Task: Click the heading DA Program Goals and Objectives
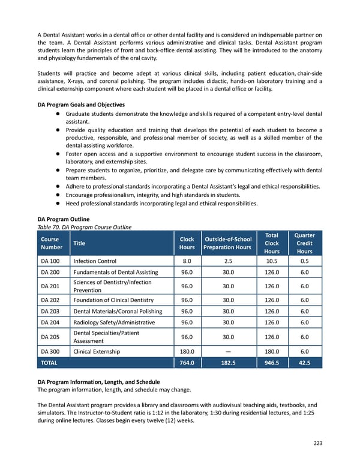pyautogui.click(x=81, y=104)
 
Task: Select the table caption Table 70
pyautogui.click(x=84, y=226)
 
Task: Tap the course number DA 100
pyautogui.click(x=49, y=262)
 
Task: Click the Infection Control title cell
pyautogui.click(x=94, y=262)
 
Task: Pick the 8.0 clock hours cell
pyautogui.click(x=187, y=262)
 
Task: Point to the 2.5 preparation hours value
pyautogui.click(x=228, y=262)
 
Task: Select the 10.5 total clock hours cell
pyautogui.click(x=272, y=262)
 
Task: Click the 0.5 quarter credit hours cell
pyautogui.click(x=305, y=262)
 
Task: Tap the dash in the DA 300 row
pyautogui.click(x=228, y=351)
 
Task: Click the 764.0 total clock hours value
pyautogui.click(x=187, y=363)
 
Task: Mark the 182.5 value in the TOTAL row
pyautogui.click(x=228, y=363)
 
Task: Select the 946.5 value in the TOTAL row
pyautogui.click(x=272, y=363)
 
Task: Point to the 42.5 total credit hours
pyautogui.click(x=305, y=363)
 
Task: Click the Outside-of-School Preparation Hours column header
pyautogui.click(x=228, y=243)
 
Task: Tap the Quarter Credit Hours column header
pyautogui.click(x=305, y=243)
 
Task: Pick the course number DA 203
pyautogui.click(x=49, y=311)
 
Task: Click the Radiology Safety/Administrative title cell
pyautogui.click(x=114, y=322)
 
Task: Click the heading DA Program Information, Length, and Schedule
pyautogui.click(x=98, y=382)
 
